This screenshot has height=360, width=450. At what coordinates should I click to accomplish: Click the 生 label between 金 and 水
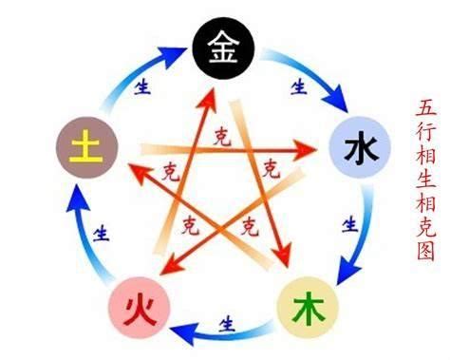point(299,87)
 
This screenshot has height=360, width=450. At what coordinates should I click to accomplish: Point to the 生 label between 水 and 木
point(350,224)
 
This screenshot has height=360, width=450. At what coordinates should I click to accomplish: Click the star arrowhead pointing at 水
point(309,148)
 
